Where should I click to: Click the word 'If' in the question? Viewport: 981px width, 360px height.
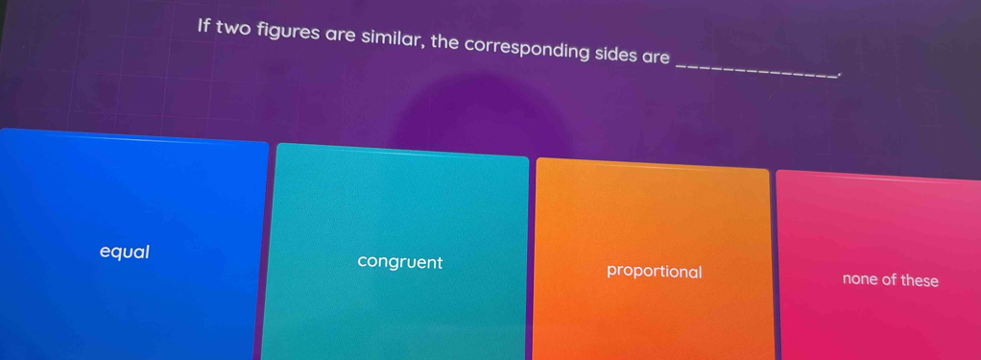[x=203, y=26]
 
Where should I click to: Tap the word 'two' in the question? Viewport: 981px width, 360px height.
[x=232, y=29]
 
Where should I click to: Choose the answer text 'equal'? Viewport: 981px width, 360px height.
[x=125, y=252]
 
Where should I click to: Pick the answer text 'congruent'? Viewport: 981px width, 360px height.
[x=399, y=262]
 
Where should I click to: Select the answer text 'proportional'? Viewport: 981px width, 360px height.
[x=654, y=272]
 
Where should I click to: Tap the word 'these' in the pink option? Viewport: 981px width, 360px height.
[x=919, y=281]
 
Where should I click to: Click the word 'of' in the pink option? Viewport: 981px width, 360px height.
[x=888, y=280]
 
